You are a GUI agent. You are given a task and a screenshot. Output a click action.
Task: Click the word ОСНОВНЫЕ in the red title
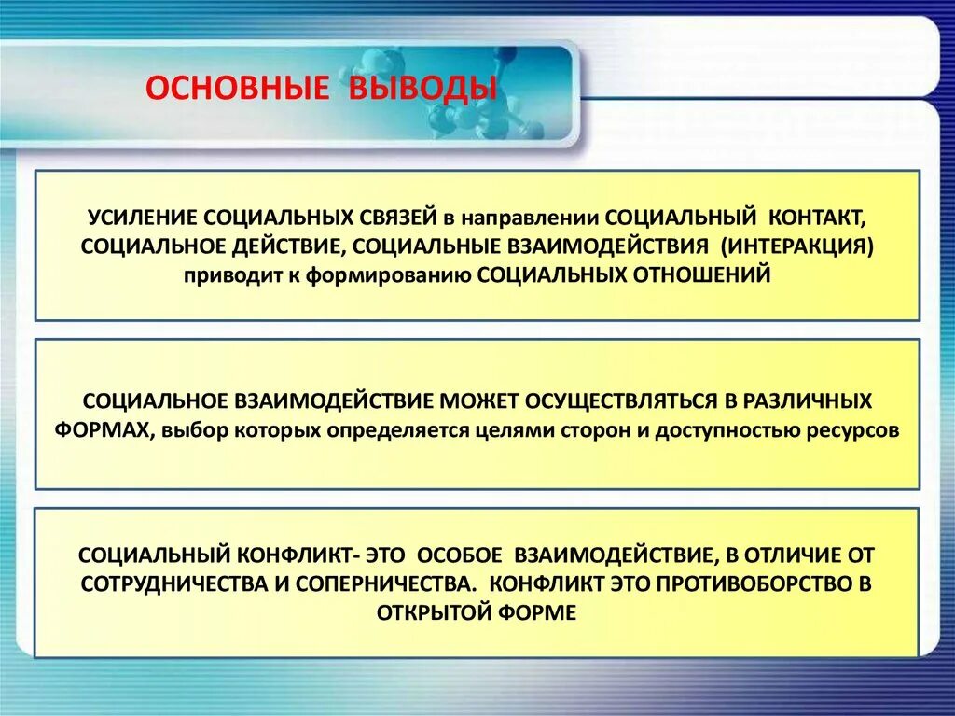point(237,88)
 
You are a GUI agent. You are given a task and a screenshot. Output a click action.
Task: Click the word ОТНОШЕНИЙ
point(701,275)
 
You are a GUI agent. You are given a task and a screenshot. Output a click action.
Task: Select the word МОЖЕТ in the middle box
point(478,401)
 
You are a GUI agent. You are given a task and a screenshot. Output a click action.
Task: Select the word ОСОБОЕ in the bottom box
point(461,555)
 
